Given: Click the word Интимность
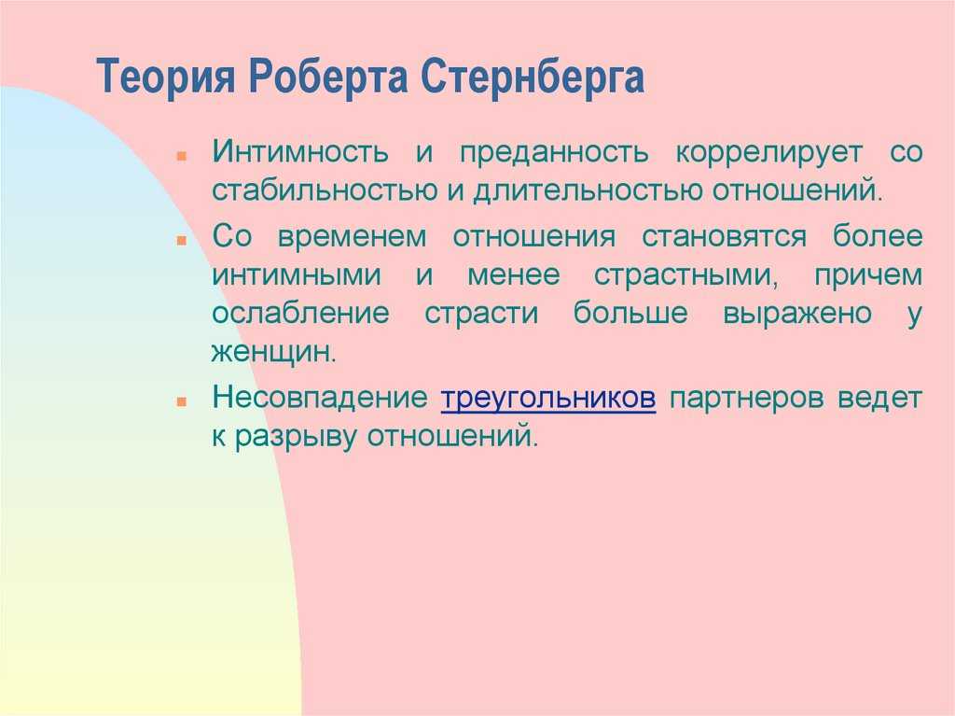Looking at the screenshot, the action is click(300, 151).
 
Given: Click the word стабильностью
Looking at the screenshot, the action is click(325, 190).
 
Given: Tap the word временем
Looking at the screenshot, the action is click(352, 236).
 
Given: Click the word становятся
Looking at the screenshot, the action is click(724, 236).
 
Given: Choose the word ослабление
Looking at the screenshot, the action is click(300, 313).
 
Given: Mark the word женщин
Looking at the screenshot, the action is click(274, 353).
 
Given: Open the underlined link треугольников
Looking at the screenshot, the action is click(548, 399).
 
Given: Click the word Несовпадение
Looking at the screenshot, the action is click(320, 398).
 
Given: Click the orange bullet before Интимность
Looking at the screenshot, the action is click(181, 157).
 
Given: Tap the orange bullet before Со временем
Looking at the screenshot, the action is click(181, 241).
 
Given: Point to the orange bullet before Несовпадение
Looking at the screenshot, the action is click(181, 402).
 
